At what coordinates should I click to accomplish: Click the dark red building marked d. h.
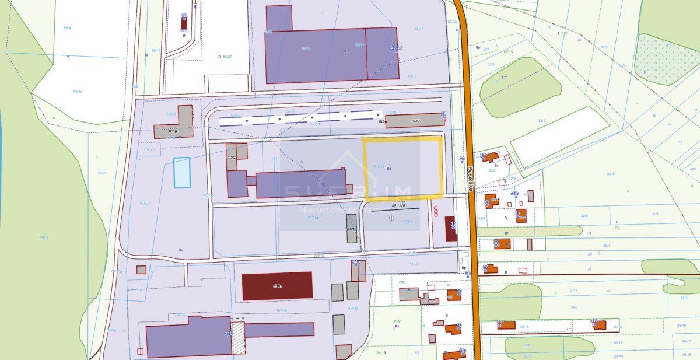tap(277, 286)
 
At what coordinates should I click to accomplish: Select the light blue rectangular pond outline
tap(182, 172)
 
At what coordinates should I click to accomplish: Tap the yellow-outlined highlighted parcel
tap(402, 167)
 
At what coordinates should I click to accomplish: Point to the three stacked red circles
tap(436, 212)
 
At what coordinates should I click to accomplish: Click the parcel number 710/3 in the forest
tap(43, 237)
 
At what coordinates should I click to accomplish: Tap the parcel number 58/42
tap(78, 91)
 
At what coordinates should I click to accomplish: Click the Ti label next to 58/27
tap(219, 57)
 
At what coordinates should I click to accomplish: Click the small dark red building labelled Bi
tap(184, 22)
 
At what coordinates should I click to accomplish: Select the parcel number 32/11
tap(611, 174)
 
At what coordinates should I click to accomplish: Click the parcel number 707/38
tap(281, 310)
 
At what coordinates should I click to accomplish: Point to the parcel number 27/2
tap(574, 307)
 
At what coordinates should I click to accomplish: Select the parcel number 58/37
tap(419, 28)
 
